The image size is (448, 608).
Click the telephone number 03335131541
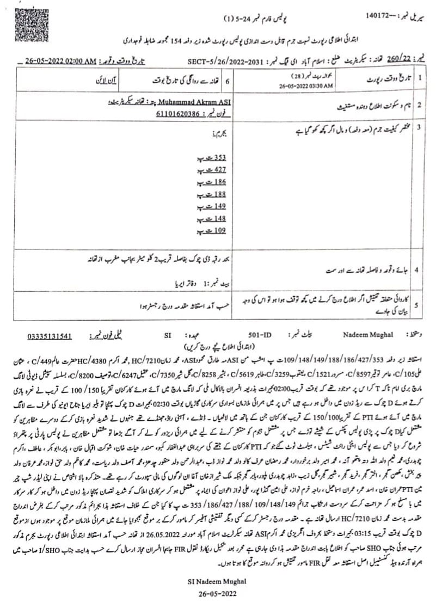click(50, 336)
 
